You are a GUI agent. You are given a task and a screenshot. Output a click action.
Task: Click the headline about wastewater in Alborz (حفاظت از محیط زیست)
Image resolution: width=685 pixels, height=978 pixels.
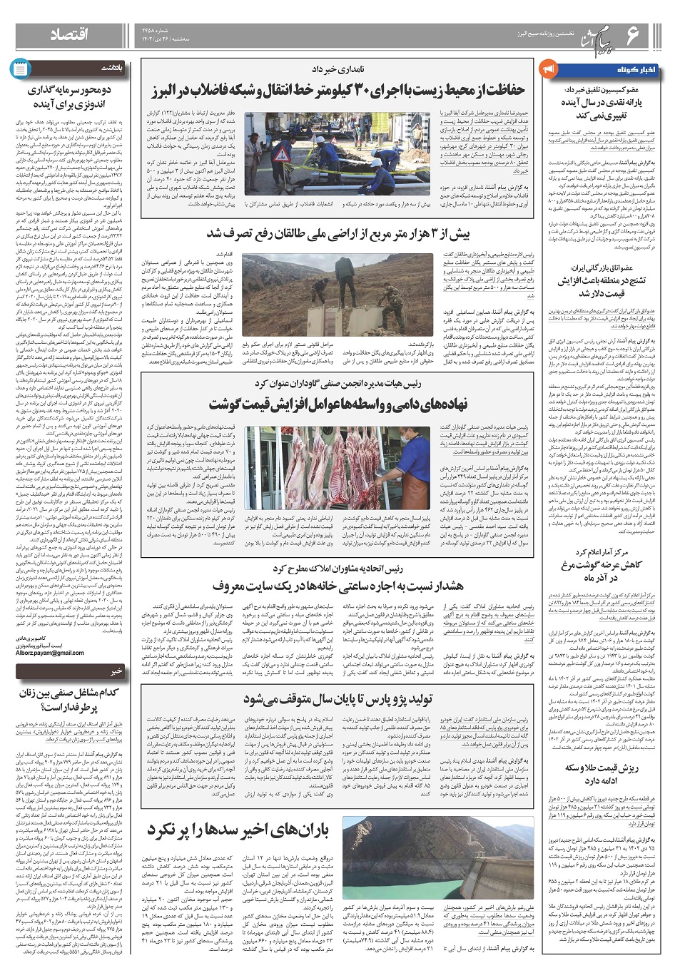click(338, 91)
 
